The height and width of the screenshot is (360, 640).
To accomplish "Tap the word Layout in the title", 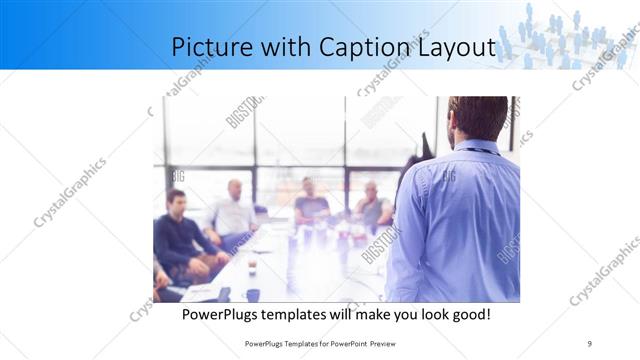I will point(455,47).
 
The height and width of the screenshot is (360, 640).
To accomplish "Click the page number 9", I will point(590,343).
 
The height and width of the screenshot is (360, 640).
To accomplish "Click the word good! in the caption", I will point(468,315).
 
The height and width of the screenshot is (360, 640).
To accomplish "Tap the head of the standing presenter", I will point(477,119).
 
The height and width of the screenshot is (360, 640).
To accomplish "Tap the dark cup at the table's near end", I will point(253,294).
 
